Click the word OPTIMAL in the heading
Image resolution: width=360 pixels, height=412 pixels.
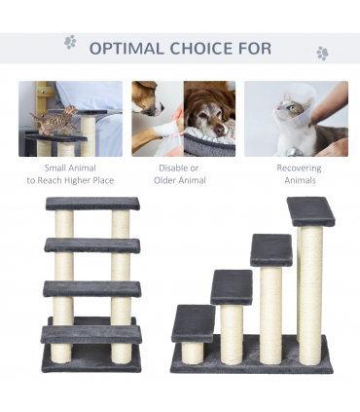pyautogui.click(x=126, y=49)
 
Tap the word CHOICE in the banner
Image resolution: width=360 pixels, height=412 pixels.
pyautogui.click(x=201, y=49)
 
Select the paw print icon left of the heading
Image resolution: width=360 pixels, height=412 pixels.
pyautogui.click(x=70, y=42)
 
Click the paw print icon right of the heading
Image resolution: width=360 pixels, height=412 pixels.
pyautogui.click(x=322, y=54)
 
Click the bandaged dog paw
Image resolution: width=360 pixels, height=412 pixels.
pyautogui.click(x=166, y=130)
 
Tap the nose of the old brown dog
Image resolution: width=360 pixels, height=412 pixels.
pyautogui.click(x=221, y=131)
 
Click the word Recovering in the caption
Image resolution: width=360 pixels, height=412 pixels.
pyautogui.click(x=299, y=169)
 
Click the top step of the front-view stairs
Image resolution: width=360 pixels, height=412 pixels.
pyautogui.click(x=92, y=204)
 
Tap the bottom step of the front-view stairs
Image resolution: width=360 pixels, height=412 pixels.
pyautogui.click(x=91, y=334)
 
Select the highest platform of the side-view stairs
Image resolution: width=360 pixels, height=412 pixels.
pyautogui.click(x=310, y=211)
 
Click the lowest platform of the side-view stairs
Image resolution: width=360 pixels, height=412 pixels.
pyautogui.click(x=193, y=323)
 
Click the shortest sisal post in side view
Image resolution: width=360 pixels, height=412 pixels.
pyautogui.click(x=193, y=353)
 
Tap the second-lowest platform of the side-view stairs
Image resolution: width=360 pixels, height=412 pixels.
pyautogui.click(x=232, y=287)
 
